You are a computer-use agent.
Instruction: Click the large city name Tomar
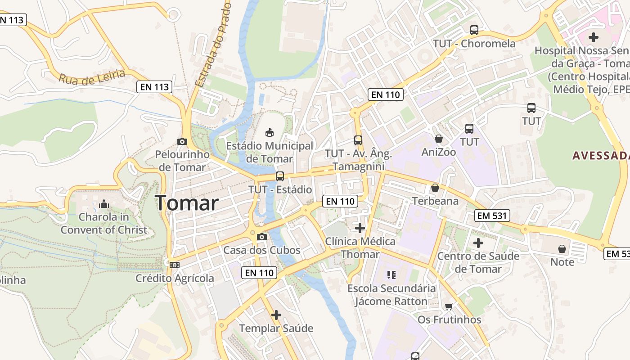[187, 203]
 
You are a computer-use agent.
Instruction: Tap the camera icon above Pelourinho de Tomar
[182, 141]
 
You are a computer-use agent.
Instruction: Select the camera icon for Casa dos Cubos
[261, 237]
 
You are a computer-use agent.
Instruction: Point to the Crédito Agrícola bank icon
[175, 265]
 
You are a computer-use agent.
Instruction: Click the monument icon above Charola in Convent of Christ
[104, 204]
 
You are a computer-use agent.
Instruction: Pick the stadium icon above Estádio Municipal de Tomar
[269, 132]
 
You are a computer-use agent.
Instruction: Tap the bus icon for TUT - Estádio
[280, 176]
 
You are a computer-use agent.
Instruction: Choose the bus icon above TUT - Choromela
[474, 30]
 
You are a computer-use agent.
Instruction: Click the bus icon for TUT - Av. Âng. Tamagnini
[358, 140]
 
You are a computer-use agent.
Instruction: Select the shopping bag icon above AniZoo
[439, 139]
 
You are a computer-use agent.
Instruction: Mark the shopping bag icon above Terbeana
[435, 187]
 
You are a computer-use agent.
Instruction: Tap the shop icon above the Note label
[562, 248]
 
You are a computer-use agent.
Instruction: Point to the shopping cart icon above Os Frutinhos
[449, 306]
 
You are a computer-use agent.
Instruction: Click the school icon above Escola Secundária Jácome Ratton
[391, 274]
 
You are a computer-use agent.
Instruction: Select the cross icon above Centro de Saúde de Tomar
[478, 243]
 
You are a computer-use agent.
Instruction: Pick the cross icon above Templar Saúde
[276, 315]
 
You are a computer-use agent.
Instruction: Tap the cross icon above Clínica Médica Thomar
[360, 228]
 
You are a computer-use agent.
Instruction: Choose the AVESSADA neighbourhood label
[601, 156]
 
